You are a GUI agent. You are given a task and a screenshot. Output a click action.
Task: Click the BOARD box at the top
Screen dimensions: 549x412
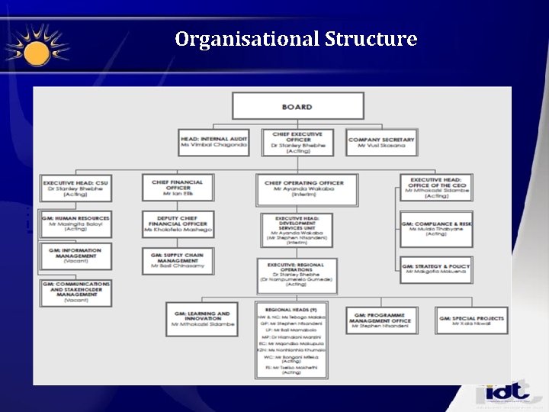tap(296, 107)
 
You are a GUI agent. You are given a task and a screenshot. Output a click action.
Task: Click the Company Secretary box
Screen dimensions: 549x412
tap(380, 142)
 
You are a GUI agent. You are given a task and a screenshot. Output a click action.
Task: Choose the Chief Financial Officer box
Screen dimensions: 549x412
tap(177, 188)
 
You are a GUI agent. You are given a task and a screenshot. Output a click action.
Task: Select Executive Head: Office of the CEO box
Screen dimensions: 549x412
tap(436, 188)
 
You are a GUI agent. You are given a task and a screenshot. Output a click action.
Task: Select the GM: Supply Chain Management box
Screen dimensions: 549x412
tap(177, 260)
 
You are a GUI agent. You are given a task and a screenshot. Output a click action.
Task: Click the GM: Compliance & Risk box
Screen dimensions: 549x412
tap(436, 229)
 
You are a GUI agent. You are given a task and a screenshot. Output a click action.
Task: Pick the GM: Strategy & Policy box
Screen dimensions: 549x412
tap(436, 269)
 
